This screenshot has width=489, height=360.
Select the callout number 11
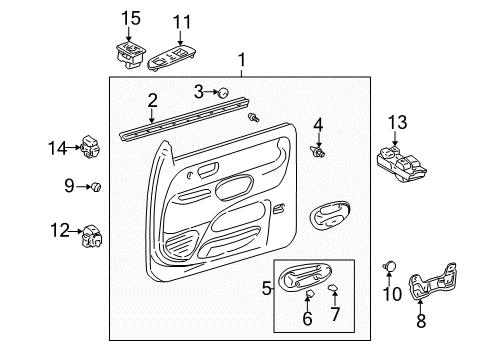tap(181, 21)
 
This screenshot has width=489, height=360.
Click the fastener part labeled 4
tap(318, 154)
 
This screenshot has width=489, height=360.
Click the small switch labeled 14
tap(91, 147)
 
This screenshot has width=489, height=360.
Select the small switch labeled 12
tap(92, 235)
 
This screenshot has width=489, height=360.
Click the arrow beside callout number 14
tap(75, 148)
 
